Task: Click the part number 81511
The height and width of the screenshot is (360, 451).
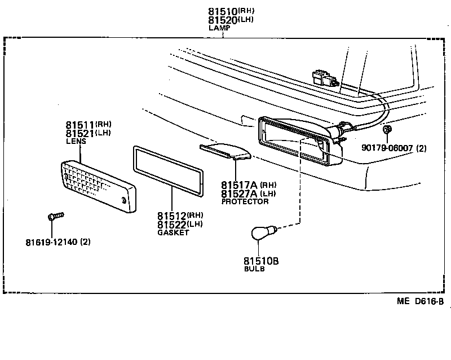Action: [x=79, y=125]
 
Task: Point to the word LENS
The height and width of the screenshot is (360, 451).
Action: [x=76, y=142]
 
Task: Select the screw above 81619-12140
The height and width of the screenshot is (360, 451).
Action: [x=55, y=216]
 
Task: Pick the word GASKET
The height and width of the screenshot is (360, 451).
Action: [x=173, y=232]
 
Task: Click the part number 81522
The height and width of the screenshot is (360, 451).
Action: [x=173, y=225]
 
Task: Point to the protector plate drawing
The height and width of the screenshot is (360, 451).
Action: [x=226, y=151]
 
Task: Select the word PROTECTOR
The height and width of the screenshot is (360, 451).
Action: [x=245, y=201]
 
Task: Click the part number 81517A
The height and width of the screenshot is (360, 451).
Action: [x=239, y=185]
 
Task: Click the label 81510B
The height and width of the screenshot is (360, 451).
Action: [x=261, y=261]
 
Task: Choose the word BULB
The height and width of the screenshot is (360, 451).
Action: [x=254, y=269]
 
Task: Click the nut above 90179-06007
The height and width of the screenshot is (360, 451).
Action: [x=387, y=131]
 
